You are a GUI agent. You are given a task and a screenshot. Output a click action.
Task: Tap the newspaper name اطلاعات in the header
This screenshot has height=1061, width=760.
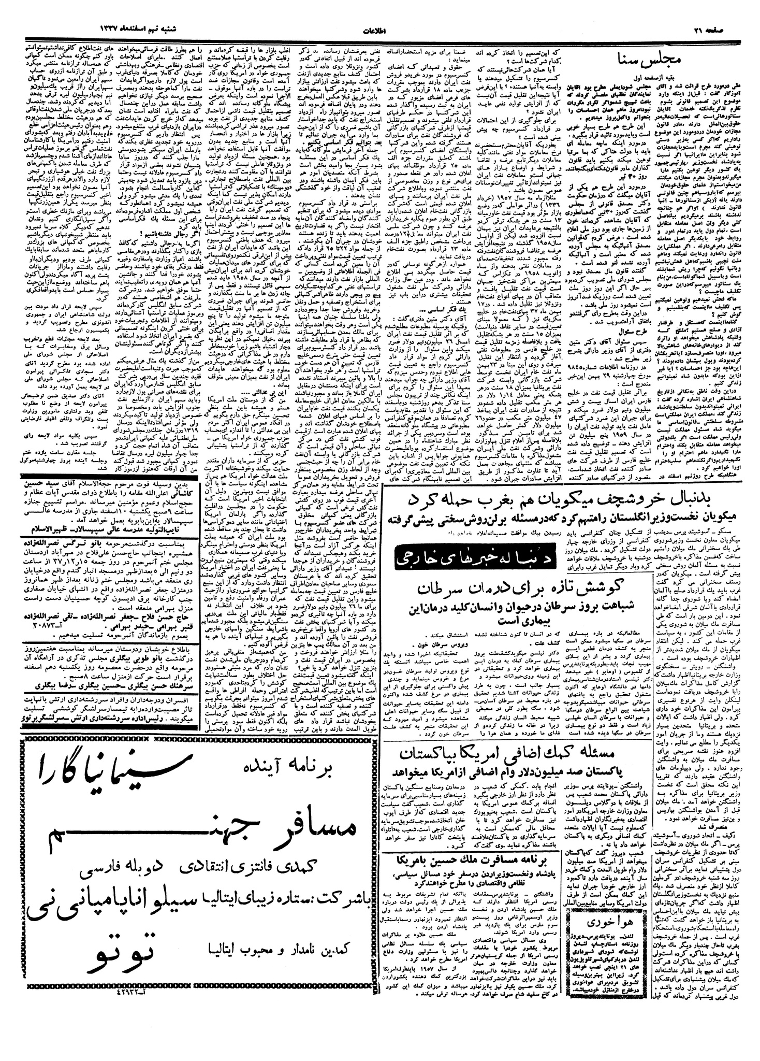tap(381, 31)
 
